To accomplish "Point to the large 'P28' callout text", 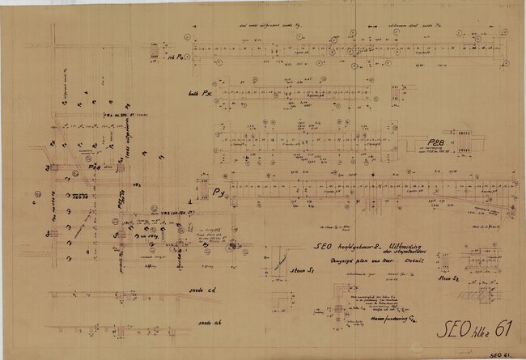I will [x=438, y=143].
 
